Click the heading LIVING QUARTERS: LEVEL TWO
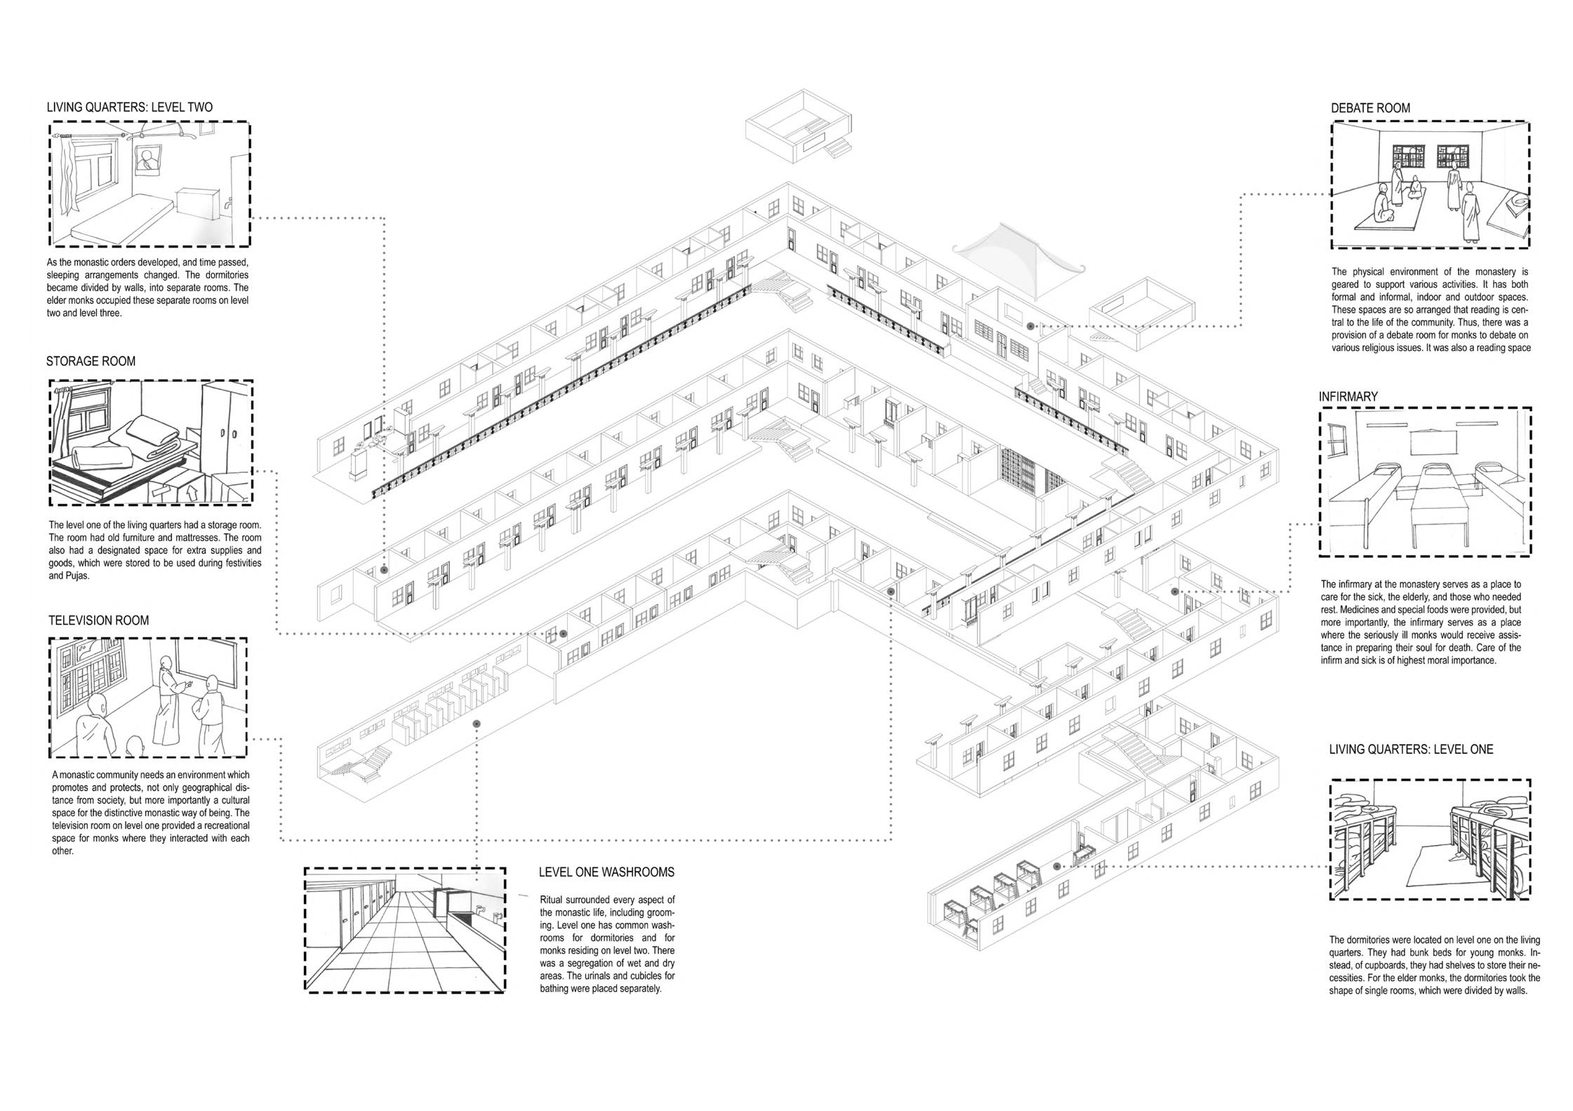[x=129, y=108]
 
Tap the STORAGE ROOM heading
[x=91, y=361]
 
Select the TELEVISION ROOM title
[x=98, y=620]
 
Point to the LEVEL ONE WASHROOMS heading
[x=606, y=872]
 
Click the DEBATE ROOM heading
[x=1370, y=109]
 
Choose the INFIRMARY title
[x=1348, y=397]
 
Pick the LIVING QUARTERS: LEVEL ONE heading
[x=1411, y=750]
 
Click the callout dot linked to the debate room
[x=1030, y=326]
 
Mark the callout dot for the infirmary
[x=1174, y=592]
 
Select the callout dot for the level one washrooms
[x=477, y=724]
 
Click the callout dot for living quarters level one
[x=1056, y=867]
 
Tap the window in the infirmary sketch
[x=1339, y=447]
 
